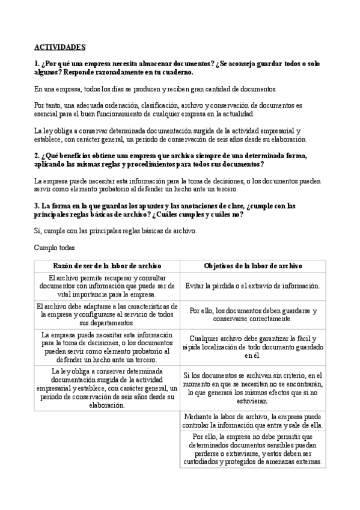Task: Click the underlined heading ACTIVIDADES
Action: pos(59,46)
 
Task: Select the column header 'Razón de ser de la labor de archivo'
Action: pos(106,265)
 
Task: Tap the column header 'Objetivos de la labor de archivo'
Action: pos(252,265)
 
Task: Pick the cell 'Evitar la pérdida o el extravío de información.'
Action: pos(252,286)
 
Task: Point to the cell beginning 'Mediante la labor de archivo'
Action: pos(252,420)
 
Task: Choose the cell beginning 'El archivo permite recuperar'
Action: pos(106,286)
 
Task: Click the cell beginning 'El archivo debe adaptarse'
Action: pos(106,315)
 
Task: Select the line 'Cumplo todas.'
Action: pos(55,247)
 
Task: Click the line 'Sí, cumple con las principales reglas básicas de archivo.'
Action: pos(115,230)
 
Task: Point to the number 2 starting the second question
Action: pos(36,155)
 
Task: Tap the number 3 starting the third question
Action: pos(36,206)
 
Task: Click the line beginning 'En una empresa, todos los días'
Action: pos(156,88)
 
